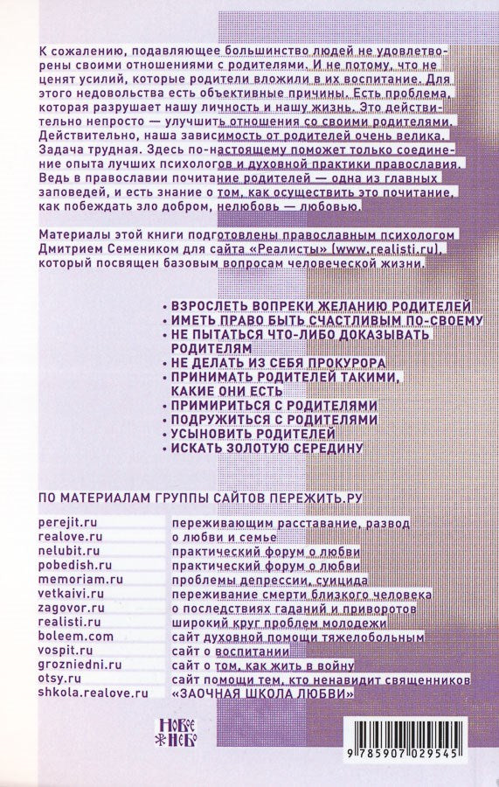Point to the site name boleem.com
[76, 637]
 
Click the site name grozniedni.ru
[80, 665]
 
